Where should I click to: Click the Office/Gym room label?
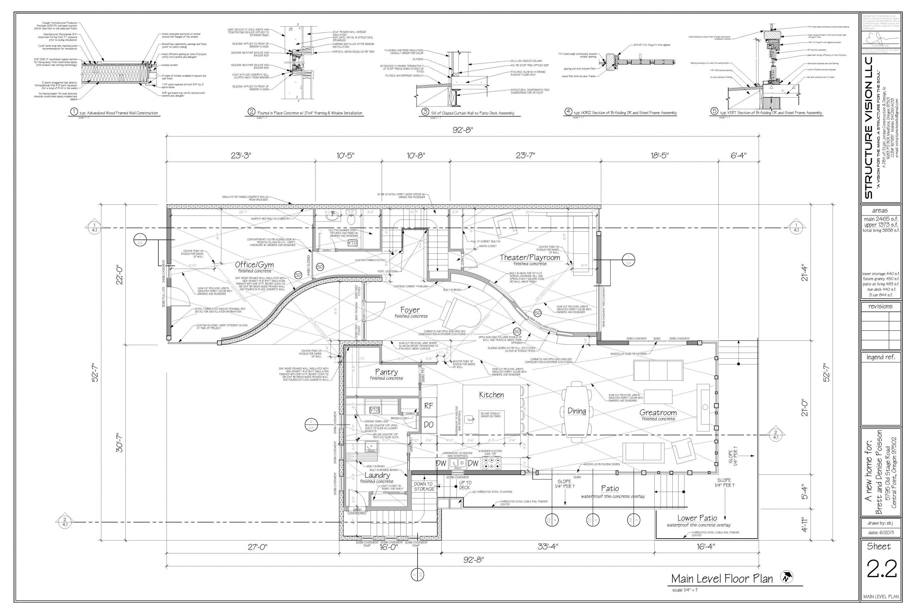(x=254, y=265)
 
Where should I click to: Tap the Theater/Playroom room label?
(x=530, y=257)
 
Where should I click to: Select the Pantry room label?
(x=386, y=372)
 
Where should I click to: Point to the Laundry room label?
(x=377, y=475)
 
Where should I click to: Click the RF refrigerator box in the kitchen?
(x=429, y=406)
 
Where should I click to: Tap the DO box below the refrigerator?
(x=429, y=424)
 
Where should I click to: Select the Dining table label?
(x=576, y=411)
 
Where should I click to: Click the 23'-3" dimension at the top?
(x=241, y=155)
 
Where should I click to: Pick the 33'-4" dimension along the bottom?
(x=547, y=547)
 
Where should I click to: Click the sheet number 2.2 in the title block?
(x=881, y=569)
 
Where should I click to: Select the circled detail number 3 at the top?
(x=425, y=112)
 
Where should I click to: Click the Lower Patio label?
(x=697, y=518)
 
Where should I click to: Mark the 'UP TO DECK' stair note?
(x=465, y=485)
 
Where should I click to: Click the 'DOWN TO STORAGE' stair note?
(x=424, y=486)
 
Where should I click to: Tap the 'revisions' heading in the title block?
(x=880, y=307)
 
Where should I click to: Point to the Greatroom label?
(x=658, y=413)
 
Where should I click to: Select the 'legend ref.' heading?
(x=880, y=357)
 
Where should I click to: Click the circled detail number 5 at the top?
(x=714, y=111)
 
